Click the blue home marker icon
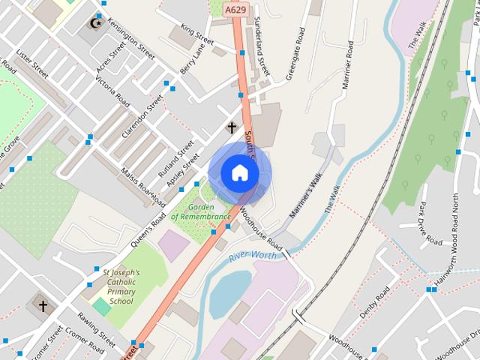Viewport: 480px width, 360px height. click(239, 172)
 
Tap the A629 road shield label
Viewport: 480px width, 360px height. click(235, 9)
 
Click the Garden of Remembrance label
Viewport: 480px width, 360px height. click(200, 211)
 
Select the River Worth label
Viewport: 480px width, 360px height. click(253, 256)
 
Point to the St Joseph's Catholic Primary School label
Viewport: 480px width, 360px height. click(120, 286)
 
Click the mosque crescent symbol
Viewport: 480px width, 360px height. click(97, 21)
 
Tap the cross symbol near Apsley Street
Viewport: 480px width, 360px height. click(232, 127)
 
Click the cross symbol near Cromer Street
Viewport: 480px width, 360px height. click(43, 306)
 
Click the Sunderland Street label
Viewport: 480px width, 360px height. click(262, 45)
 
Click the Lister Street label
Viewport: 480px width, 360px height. click(31, 64)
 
